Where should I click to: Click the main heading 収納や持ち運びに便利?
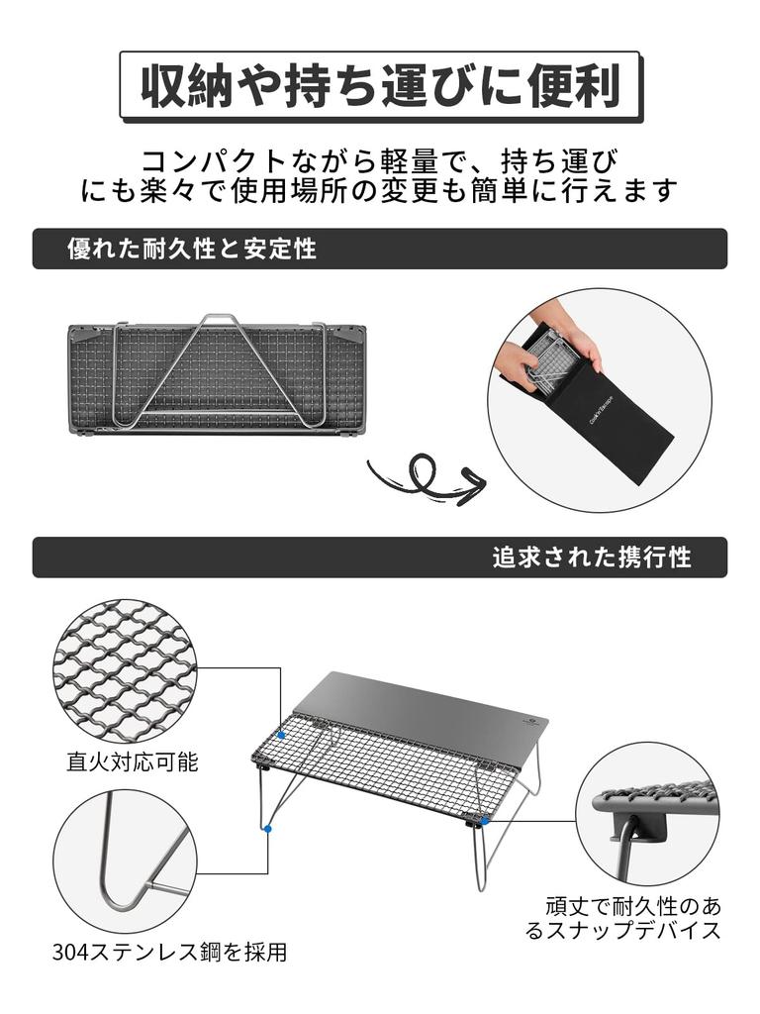click(381, 87)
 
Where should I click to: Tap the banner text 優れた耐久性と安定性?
click(192, 249)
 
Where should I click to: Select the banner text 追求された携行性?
click(592, 558)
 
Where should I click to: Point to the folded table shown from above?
click(217, 376)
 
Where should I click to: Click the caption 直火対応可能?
click(133, 761)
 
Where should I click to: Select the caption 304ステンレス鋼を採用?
click(169, 953)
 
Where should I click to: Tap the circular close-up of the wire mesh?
click(125, 670)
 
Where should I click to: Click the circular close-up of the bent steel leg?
click(123, 861)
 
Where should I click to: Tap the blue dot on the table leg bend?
click(268, 828)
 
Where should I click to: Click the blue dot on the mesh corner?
click(282, 735)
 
